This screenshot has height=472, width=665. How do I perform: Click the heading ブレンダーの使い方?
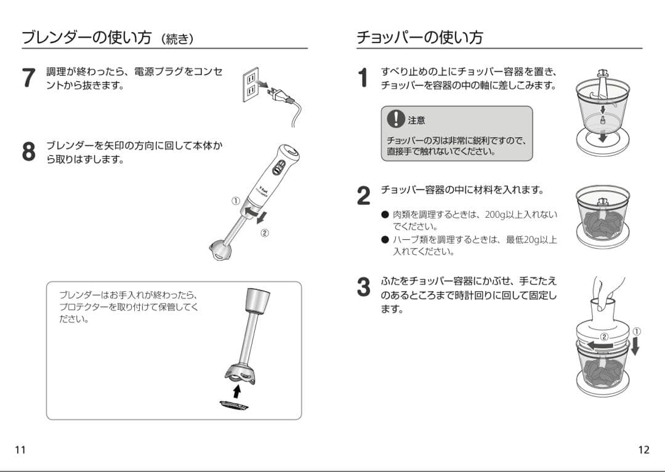point(86,38)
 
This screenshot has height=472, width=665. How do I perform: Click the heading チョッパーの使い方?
point(419,38)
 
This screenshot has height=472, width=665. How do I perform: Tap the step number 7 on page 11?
point(29,78)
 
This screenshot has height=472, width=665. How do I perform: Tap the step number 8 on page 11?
point(29,152)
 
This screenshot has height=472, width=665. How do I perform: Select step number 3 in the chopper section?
point(364,287)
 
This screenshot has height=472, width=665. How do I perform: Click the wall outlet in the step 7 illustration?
point(250,85)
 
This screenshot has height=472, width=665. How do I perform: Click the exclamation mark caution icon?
point(395,119)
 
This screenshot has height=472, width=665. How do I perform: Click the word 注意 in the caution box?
point(417,120)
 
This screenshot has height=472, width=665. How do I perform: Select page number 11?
point(20,449)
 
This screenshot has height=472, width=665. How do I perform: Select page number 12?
point(643,449)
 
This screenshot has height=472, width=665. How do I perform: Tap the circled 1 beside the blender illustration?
point(235,201)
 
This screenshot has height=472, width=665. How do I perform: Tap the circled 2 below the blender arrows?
point(264,233)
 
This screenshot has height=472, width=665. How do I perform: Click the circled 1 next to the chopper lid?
point(636,331)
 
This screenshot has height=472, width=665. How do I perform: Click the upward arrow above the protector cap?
point(236,391)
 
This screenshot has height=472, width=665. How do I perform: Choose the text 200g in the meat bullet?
point(496,215)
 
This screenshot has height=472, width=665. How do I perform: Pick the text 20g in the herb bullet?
point(531,239)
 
